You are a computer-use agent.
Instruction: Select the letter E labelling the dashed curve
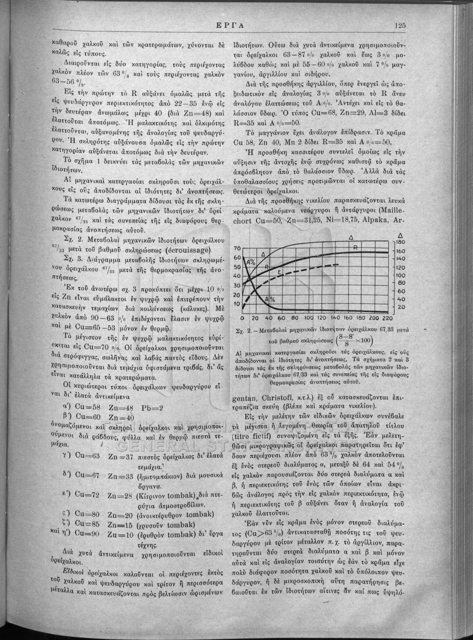click(279, 273)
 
